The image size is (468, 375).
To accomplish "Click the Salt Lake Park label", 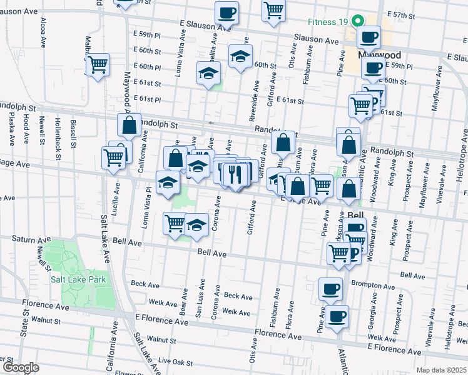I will pyautogui.click(x=78, y=279).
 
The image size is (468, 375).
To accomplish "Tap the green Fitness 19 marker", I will pyautogui.click(x=359, y=21).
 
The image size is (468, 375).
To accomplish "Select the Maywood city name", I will pyautogui.click(x=380, y=55).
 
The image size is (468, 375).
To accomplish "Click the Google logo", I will pyautogui.click(x=21, y=367).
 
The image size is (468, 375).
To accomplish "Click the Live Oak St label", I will pyautogui.click(x=175, y=361).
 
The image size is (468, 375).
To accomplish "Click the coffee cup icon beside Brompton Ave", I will pyautogui.click(x=330, y=288).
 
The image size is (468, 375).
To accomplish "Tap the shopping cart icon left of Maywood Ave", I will pyautogui.click(x=98, y=64).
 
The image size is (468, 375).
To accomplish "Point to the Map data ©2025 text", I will pyautogui.click(x=441, y=370).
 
